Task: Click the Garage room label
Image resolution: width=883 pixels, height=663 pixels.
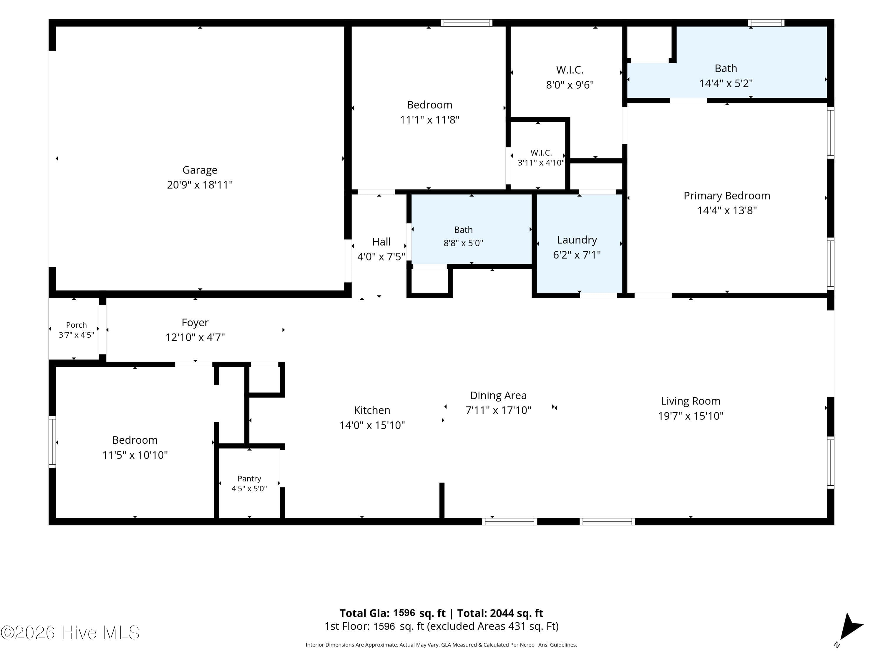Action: [x=200, y=170]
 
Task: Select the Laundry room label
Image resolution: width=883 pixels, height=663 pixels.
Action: [x=577, y=240]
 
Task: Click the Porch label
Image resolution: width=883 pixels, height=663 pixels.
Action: [x=76, y=325]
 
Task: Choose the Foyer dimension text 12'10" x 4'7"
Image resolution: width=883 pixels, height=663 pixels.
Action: [x=195, y=338]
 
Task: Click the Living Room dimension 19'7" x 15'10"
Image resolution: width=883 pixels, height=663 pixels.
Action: [x=691, y=416]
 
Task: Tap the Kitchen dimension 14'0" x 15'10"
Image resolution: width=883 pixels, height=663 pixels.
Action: [x=372, y=425]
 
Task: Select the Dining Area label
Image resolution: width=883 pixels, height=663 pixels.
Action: [x=498, y=396]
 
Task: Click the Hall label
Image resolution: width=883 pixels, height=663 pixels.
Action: [x=381, y=242]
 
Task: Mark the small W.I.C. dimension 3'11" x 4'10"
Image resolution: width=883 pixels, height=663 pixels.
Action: [x=541, y=163]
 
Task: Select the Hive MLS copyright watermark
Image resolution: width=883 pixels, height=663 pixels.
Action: [x=70, y=633]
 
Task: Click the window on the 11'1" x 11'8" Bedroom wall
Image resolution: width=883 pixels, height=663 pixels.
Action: [x=466, y=23]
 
